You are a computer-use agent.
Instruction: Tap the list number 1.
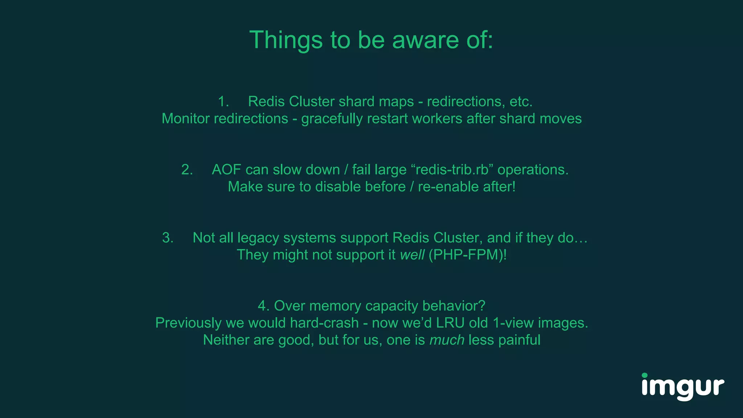(x=223, y=102)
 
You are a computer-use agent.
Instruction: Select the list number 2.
(x=187, y=170)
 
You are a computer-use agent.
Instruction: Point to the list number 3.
(x=168, y=238)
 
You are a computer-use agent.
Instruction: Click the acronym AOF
(x=226, y=170)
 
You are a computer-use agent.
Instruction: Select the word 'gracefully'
(x=332, y=119)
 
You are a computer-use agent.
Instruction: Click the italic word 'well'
(x=412, y=255)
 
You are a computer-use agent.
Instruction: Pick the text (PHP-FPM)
(x=467, y=255)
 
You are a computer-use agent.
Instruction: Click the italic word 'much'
(x=447, y=340)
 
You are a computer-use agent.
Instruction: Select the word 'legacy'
(x=258, y=238)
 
